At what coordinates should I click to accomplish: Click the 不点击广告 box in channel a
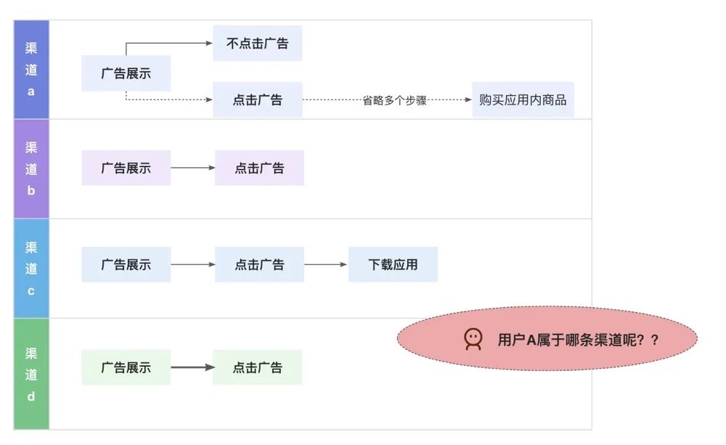click(x=257, y=44)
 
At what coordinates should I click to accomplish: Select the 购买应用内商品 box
click(x=523, y=100)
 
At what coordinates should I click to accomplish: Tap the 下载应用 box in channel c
click(x=393, y=265)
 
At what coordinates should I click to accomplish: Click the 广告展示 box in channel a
click(x=126, y=73)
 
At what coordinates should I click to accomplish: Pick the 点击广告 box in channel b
click(x=259, y=168)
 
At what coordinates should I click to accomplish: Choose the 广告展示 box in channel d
click(x=126, y=367)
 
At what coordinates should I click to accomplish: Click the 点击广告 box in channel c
click(x=259, y=265)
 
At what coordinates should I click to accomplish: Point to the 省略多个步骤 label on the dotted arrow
click(x=394, y=101)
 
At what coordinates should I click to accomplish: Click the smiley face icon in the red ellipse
click(x=473, y=339)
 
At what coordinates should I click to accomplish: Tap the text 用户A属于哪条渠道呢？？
click(x=578, y=340)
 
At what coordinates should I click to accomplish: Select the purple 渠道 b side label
click(x=31, y=169)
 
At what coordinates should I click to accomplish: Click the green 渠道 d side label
click(x=31, y=375)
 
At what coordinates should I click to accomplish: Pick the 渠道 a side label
click(x=31, y=70)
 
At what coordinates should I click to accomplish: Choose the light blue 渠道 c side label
click(x=31, y=269)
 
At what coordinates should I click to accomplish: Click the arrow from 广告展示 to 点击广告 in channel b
click(x=192, y=168)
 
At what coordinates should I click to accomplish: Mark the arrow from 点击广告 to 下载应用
click(x=326, y=265)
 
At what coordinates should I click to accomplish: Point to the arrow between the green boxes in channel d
click(x=192, y=367)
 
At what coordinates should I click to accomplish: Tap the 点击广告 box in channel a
click(x=257, y=100)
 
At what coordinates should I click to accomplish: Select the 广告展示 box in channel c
click(x=126, y=265)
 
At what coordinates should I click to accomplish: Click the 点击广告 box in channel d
click(x=257, y=367)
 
